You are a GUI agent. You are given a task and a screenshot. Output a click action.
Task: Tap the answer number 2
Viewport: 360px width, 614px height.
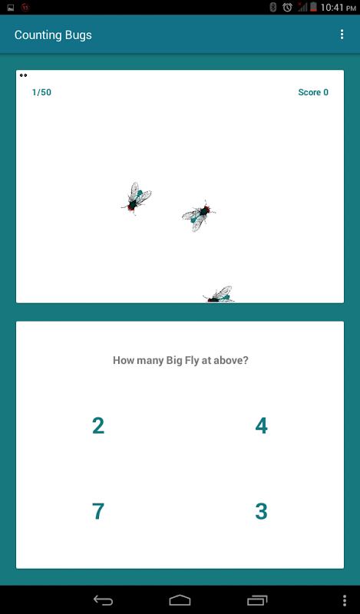point(98,426)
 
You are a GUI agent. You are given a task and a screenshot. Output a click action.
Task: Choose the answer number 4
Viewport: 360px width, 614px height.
point(261,426)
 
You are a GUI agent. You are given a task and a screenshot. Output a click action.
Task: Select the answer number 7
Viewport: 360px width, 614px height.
point(98,511)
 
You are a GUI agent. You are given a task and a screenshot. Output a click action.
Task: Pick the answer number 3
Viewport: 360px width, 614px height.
point(261,511)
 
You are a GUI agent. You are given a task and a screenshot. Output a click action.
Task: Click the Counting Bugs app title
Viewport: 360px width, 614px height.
point(53,35)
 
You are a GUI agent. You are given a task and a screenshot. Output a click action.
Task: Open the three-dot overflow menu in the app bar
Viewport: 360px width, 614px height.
point(342,35)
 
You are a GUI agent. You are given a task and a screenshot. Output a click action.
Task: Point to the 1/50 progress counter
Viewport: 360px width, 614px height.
point(41,92)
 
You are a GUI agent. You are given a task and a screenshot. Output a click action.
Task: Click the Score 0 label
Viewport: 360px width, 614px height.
point(313,92)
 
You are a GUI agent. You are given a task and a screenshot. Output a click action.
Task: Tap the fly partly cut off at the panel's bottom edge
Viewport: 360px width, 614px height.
point(218,295)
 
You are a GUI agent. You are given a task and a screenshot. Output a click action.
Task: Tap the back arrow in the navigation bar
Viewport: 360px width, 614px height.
point(103,600)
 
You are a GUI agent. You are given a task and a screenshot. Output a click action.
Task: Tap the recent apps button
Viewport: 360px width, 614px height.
point(257,600)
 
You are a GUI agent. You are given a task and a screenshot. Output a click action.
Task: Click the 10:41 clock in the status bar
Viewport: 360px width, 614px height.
point(332,7)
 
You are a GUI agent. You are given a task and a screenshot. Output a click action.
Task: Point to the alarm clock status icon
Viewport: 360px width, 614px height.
point(287,7)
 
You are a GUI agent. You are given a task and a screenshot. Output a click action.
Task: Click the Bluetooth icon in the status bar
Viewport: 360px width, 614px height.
point(273,7)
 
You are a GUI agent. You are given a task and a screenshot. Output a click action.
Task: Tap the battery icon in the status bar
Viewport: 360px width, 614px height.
point(313,7)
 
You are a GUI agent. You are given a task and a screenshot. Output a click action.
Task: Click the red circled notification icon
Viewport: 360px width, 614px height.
point(25,7)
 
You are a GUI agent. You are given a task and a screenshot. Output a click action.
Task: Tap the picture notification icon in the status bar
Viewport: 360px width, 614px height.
point(11,8)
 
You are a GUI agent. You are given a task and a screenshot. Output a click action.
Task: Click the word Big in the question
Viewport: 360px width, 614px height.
point(174,361)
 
